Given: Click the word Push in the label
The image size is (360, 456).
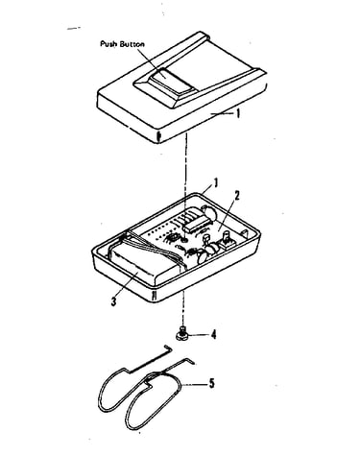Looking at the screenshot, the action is (108, 44).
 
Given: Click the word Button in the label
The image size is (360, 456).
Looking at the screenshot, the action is (132, 44).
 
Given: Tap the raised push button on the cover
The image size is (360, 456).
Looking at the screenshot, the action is (173, 82).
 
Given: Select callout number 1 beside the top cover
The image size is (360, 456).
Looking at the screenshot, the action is (237, 113).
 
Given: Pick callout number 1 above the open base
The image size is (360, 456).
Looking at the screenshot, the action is (216, 183).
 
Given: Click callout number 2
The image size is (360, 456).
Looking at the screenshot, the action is (236, 195).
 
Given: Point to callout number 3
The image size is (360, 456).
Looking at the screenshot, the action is (113, 301).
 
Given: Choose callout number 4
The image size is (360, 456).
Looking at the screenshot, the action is (213, 335).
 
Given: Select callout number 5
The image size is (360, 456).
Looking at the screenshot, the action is (211, 383).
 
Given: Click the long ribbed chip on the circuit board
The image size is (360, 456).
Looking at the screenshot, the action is (196, 224).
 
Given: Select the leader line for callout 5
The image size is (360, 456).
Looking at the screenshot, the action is (195, 384).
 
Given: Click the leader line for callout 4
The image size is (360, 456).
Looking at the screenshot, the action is (200, 335).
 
